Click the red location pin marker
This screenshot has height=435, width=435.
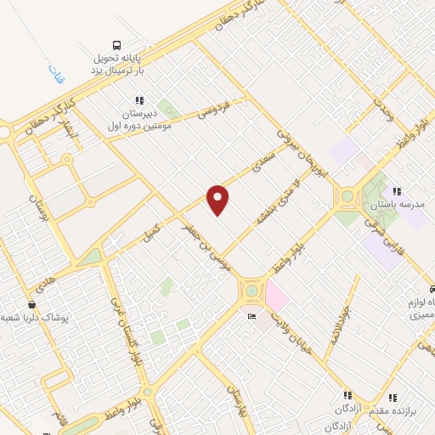[218, 200]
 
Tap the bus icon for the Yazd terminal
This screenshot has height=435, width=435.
[116, 45]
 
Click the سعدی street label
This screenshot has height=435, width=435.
[259, 161]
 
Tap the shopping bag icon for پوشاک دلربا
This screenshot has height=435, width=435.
[31, 304]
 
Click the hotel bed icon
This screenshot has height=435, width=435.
[251, 316]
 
